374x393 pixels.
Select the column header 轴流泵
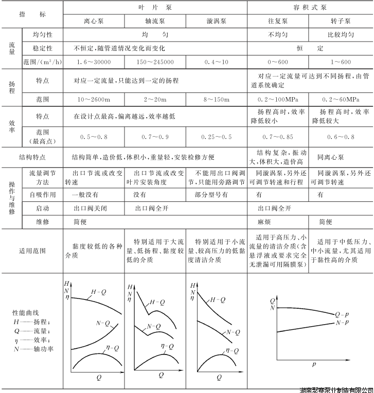[x=155, y=22]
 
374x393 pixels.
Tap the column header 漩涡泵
[x=216, y=22]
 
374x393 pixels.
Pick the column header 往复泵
[x=278, y=22]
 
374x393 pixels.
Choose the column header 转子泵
[x=341, y=22]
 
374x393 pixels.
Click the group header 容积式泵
[x=310, y=8]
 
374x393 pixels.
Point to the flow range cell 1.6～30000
[x=94, y=62]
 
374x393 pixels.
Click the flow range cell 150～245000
[x=155, y=62]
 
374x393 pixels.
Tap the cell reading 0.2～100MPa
[x=278, y=98]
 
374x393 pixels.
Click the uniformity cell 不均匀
[x=278, y=35]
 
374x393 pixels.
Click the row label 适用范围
[x=32, y=251]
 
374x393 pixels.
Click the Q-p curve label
[x=342, y=313]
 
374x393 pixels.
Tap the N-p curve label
[x=342, y=322]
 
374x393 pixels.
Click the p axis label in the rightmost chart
[x=313, y=364]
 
